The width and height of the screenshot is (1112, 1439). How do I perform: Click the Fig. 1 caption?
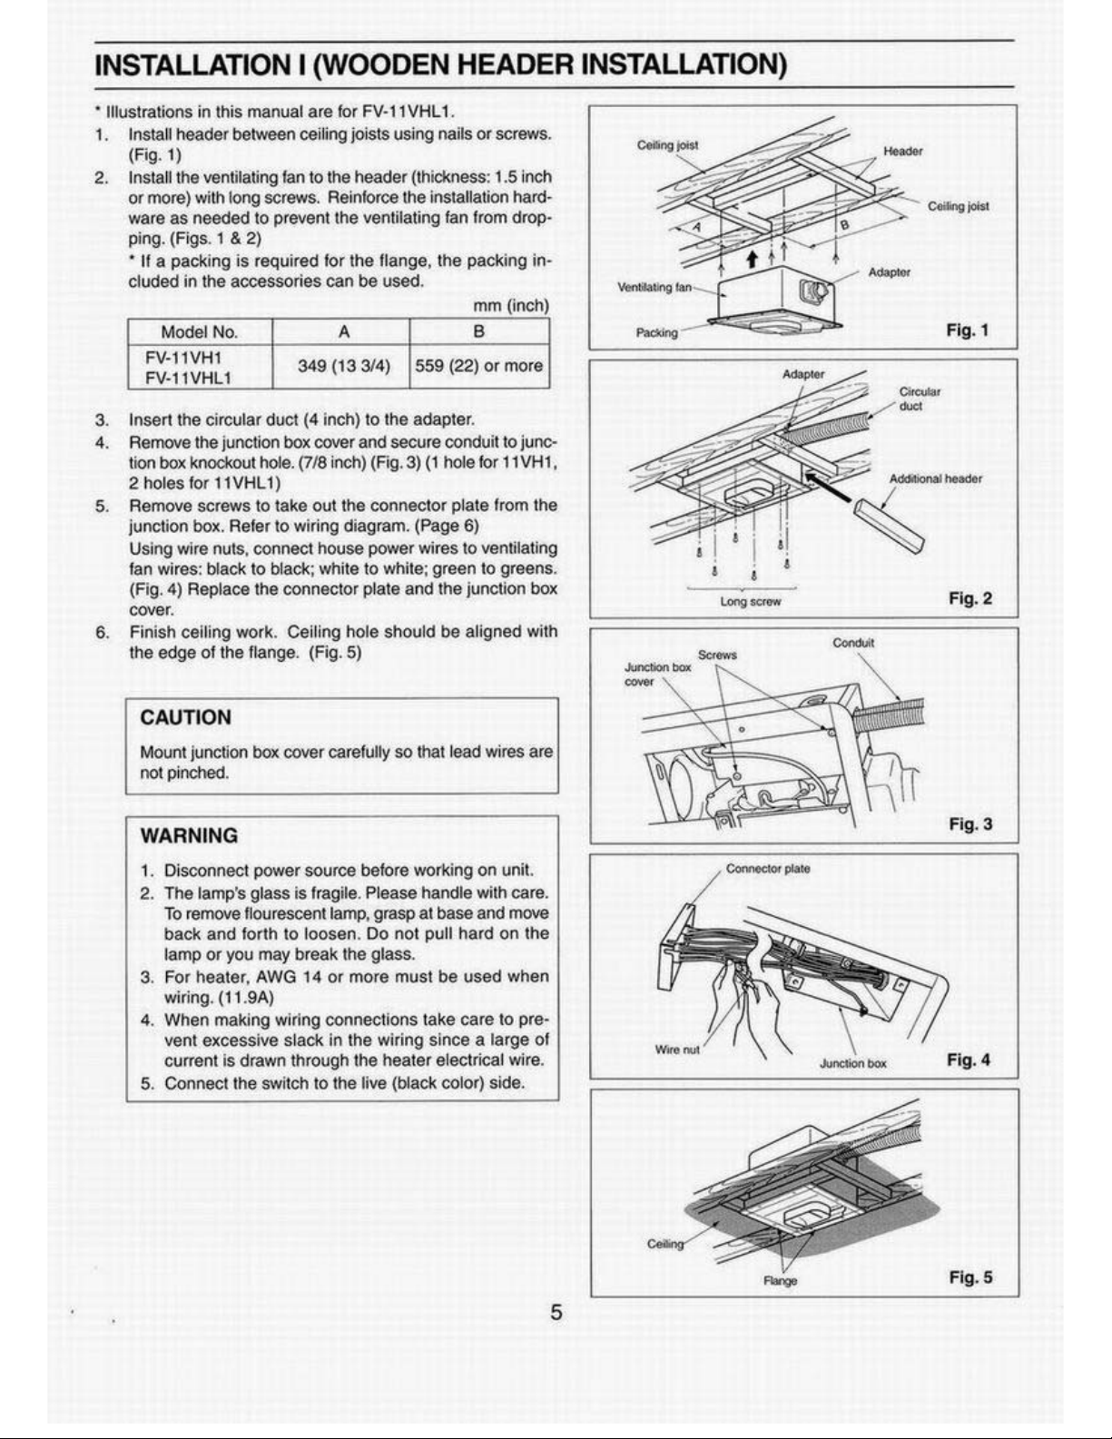coord(967,330)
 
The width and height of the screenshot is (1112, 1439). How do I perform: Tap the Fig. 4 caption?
coord(969,1060)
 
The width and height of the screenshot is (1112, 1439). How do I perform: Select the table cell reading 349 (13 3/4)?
coord(343,366)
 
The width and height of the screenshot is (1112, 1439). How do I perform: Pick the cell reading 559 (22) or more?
coord(478,366)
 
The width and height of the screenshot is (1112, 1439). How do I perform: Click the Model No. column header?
coord(199,331)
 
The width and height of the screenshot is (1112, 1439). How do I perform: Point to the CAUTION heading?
coord(185,717)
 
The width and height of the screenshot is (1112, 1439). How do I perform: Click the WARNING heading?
coord(189,836)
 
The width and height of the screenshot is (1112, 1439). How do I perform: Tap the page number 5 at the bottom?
coord(556,1312)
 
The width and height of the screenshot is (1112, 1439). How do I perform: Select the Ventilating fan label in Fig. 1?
coord(654,288)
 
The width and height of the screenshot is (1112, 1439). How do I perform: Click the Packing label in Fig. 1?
coord(656,332)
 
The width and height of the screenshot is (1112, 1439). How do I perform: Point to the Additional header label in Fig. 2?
coord(935,478)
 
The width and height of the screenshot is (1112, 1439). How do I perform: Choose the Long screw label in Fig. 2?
coord(751,601)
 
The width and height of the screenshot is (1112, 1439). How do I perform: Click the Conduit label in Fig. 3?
coord(853,643)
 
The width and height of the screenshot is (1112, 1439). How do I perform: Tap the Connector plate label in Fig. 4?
coord(768,869)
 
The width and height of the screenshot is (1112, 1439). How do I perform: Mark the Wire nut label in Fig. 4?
coord(676,1050)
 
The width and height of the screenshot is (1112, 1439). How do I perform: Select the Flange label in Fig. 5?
coord(781,1281)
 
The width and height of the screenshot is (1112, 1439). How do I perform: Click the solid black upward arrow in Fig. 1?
coord(752,259)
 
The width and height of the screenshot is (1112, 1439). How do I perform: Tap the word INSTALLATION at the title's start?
coord(189,64)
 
